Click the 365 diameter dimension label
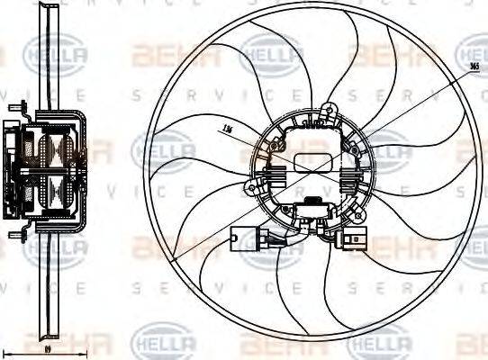(x=474, y=67)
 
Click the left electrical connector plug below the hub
(x=243, y=240)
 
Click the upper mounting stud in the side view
(x=14, y=107)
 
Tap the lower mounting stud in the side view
(x=14, y=236)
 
